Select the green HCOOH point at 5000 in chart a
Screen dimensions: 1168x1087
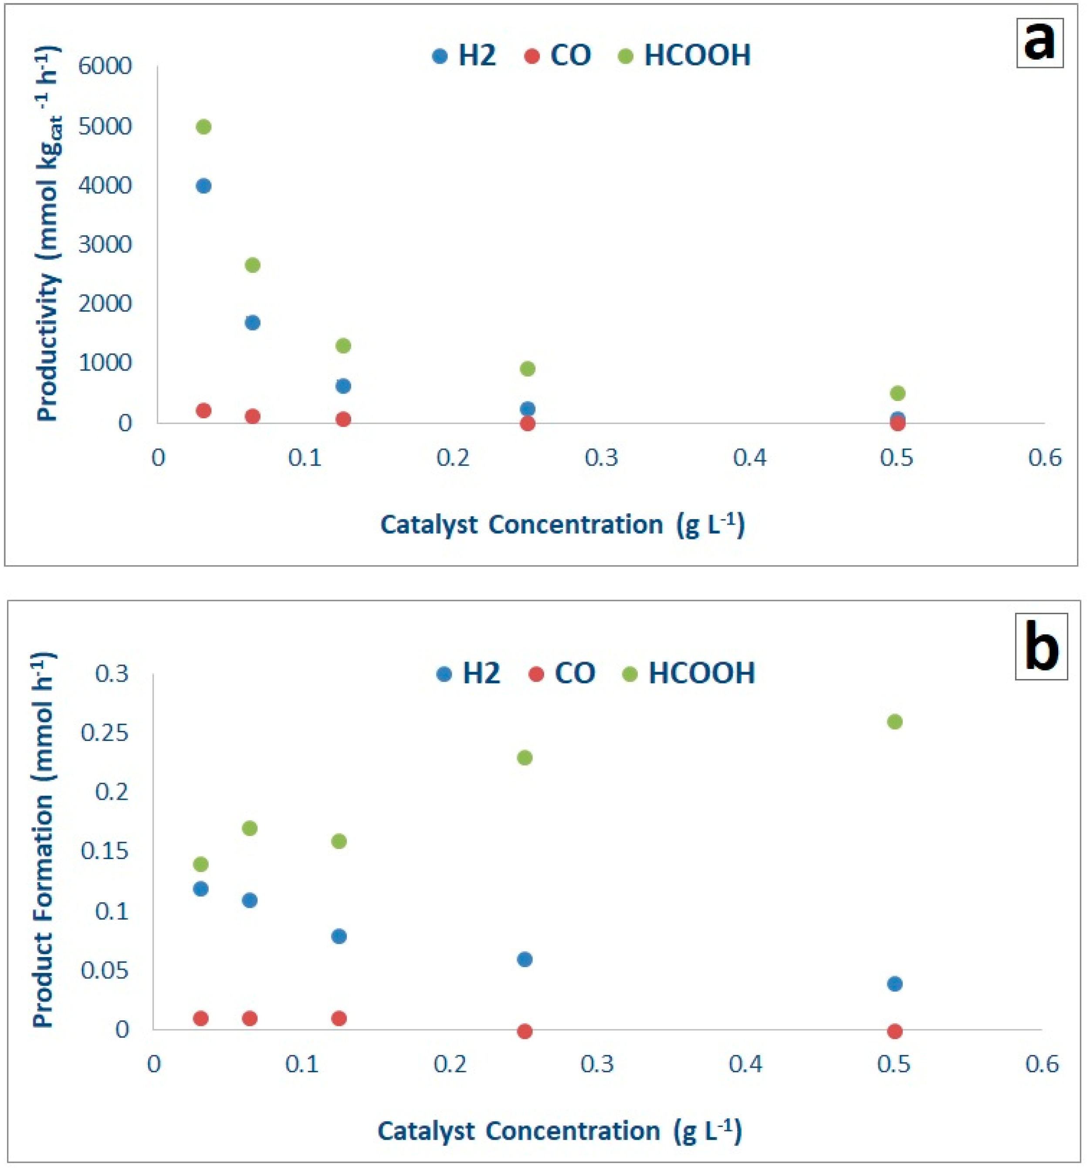203,127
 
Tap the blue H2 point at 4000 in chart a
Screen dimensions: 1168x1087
203,186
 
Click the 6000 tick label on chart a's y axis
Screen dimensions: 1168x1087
105,66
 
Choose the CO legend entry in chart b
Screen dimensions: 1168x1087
562,673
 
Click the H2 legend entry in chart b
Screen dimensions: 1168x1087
469,673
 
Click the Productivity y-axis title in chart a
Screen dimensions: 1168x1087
48,235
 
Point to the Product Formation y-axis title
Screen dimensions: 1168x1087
42,840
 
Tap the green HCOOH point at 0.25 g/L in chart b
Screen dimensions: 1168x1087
525,758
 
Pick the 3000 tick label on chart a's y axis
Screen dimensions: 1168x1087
105,244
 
